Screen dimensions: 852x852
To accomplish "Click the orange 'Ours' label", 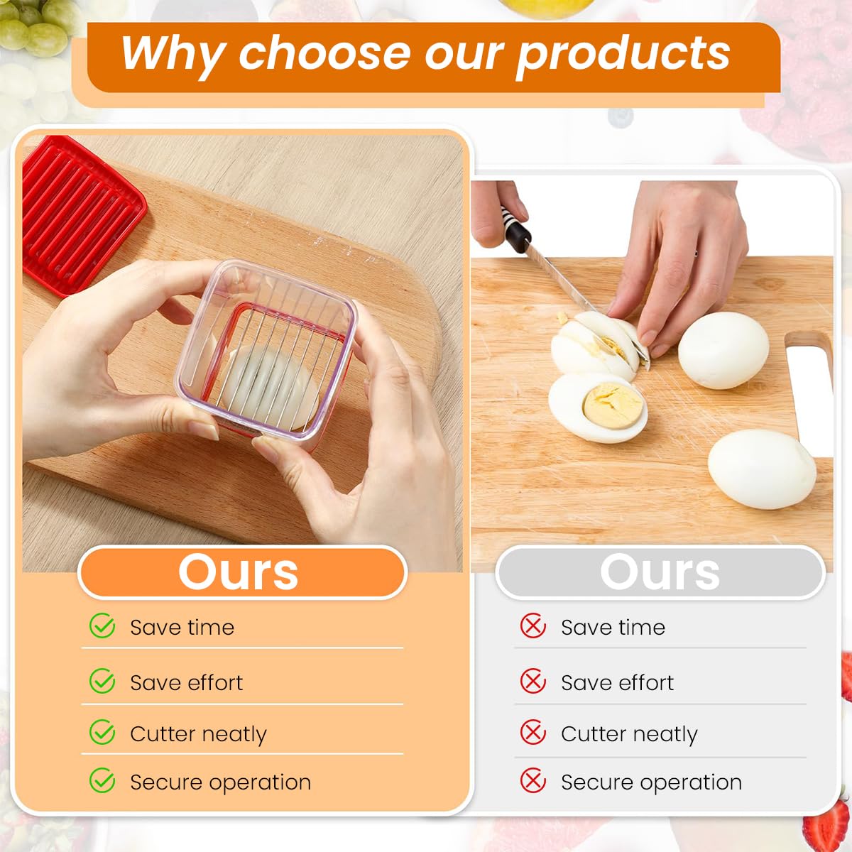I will pyautogui.click(x=239, y=572).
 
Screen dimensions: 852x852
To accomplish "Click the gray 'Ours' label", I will pyautogui.click(x=660, y=572).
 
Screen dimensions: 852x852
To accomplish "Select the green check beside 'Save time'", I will pyautogui.click(x=102, y=626).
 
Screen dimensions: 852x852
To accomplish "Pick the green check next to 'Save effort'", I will pyautogui.click(x=102, y=682).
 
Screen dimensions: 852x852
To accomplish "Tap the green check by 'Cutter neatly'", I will pyautogui.click(x=102, y=733).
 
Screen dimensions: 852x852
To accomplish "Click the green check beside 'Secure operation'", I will pyautogui.click(x=102, y=781).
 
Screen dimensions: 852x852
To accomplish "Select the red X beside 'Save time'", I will pyautogui.click(x=533, y=626).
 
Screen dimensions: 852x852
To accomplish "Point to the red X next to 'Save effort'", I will pyautogui.click(x=533, y=682).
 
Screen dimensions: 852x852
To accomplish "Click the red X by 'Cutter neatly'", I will pyautogui.click(x=533, y=733).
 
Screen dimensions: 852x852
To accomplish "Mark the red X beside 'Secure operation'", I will pyautogui.click(x=533, y=781).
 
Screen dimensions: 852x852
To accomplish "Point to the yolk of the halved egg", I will pyautogui.click(x=612, y=405).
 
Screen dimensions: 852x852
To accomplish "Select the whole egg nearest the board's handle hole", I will pyautogui.click(x=723, y=349).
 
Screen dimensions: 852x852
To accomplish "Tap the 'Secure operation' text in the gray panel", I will pyautogui.click(x=651, y=782).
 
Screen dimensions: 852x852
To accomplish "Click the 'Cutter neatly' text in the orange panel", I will pyautogui.click(x=198, y=733).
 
